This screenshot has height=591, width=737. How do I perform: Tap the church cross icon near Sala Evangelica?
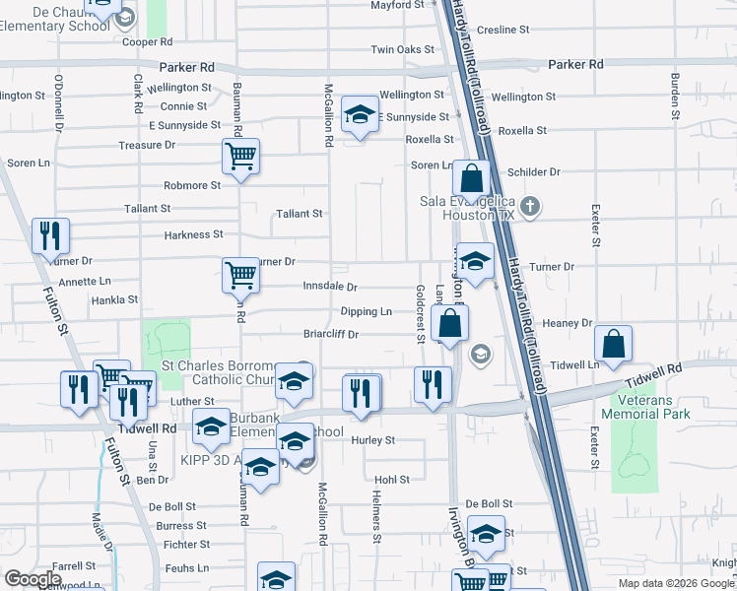pos(530,207)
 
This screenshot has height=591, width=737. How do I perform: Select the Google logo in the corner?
pos(33,579)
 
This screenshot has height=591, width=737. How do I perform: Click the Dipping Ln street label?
pos(366,311)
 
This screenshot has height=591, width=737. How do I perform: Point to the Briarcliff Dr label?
pos(330,335)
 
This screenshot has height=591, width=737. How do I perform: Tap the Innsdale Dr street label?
pos(330,287)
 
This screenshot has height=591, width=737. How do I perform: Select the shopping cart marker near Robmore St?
pos(240,157)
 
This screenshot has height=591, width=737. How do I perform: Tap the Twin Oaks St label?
pos(402,49)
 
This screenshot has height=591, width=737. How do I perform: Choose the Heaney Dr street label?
pos(565,323)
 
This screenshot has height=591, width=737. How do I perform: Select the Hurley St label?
pos(372,440)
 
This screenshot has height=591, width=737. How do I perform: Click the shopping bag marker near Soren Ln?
pos(472,179)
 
